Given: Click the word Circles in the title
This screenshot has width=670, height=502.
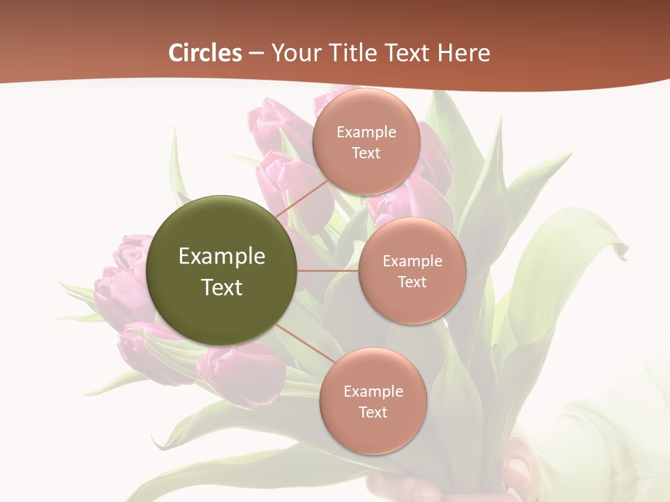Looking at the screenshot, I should tap(205, 53).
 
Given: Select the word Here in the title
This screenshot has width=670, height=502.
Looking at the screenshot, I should tap(463, 53).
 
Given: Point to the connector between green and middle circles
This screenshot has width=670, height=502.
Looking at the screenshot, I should tap(328, 271).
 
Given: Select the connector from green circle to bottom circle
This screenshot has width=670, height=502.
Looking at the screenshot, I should tap(301, 345).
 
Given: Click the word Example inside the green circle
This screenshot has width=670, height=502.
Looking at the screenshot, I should tap(222, 257).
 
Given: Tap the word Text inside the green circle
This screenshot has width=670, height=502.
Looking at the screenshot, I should tap(222, 287).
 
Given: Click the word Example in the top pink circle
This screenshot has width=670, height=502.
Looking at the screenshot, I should tap(366, 132).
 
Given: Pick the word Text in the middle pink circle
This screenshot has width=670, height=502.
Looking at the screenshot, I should tap(412, 282).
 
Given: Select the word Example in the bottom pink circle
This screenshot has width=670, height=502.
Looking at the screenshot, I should tap(373, 392).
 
